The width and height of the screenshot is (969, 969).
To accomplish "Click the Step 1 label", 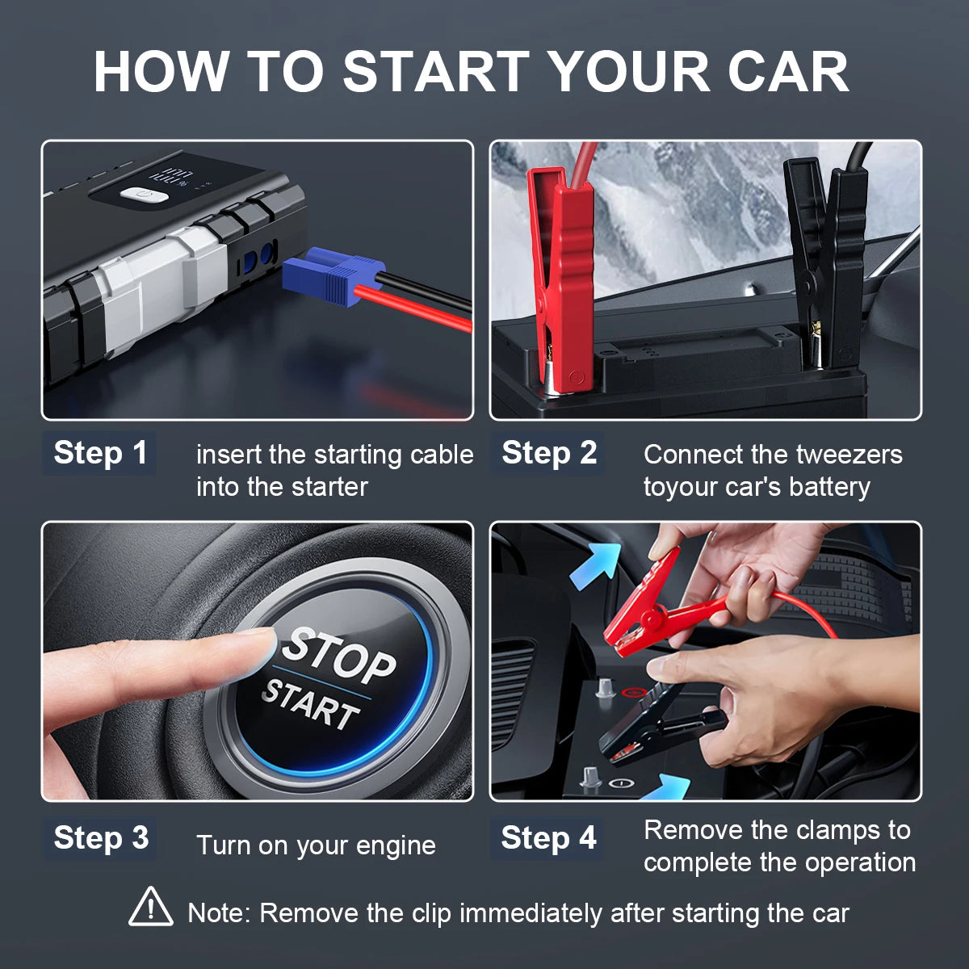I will [x=100, y=453].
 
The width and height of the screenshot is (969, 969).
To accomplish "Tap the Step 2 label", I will [x=548, y=453].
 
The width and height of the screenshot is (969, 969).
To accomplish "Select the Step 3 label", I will [x=100, y=838].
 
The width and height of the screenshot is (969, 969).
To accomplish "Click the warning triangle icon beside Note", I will [x=150, y=907].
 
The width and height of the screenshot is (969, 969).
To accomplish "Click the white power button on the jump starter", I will [x=145, y=195].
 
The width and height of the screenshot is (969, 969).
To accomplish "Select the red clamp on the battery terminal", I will [x=560, y=275].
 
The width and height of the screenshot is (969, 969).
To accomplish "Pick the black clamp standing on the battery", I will [x=828, y=258].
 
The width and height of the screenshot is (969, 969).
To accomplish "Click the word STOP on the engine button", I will [x=338, y=655].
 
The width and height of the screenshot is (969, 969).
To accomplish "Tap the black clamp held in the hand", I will [x=654, y=727].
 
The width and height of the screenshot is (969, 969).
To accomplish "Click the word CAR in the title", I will [x=787, y=72].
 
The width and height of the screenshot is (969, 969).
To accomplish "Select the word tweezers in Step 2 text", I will [x=854, y=455].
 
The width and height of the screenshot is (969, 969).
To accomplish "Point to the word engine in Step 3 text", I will [x=396, y=845].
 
